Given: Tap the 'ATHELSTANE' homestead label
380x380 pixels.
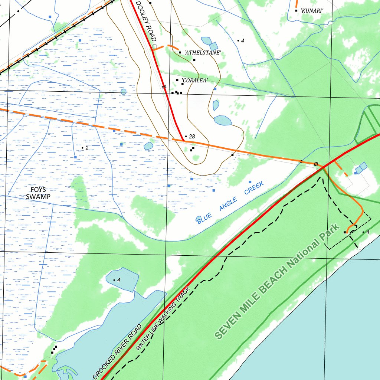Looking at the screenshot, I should coord(203,53).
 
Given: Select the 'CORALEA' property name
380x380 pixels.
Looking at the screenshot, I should coord(194,81).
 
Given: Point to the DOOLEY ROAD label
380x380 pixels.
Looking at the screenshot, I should coord(146,21).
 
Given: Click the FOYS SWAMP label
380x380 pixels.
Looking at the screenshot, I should coord(38,193).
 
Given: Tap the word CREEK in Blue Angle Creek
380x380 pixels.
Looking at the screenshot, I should coord(254,188).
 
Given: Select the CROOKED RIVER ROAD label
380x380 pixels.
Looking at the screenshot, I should coord(117,352).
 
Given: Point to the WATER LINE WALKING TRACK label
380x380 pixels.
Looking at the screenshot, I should coord(163,318).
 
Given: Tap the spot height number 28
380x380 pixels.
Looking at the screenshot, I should coord(192,137).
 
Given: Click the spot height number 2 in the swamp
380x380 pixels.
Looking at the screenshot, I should coord(87,148).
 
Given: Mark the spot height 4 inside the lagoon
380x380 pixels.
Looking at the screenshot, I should coord(119,280).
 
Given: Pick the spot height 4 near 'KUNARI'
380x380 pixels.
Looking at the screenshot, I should coord(242,40).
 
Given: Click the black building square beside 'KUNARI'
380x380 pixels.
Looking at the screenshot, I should coord(296,10).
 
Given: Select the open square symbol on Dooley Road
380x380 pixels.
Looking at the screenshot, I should coord(154,46).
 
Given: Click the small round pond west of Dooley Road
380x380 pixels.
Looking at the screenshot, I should coord(123,91).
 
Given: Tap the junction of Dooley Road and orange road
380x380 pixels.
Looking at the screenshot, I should coord(184,141).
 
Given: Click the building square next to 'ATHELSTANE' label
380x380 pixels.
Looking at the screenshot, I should coord(180,53).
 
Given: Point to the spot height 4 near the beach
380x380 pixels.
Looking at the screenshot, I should coord(368,232).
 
